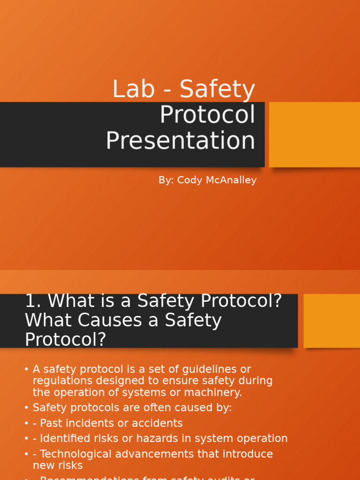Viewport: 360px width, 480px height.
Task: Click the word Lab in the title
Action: (x=134, y=89)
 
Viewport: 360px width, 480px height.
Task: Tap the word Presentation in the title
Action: (x=180, y=141)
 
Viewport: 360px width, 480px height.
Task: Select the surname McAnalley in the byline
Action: (x=230, y=180)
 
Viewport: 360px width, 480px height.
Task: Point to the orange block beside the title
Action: (x=314, y=134)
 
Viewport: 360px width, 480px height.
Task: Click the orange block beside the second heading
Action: (x=331, y=321)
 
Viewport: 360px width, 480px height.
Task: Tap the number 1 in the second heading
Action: (x=30, y=301)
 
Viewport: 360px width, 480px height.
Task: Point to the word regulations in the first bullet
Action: (x=60, y=381)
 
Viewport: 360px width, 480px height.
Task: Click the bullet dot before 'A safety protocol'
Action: (x=26, y=370)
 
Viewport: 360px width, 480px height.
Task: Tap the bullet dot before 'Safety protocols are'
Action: (x=26, y=408)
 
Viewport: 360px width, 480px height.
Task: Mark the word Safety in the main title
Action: (x=217, y=89)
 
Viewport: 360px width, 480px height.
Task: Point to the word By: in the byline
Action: (x=166, y=180)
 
